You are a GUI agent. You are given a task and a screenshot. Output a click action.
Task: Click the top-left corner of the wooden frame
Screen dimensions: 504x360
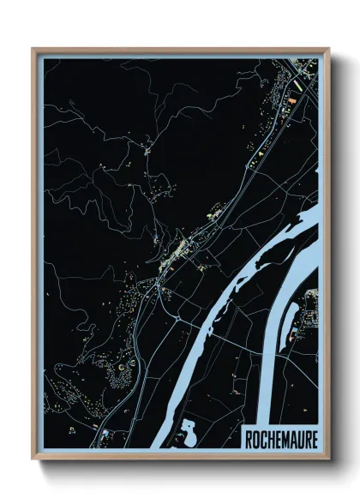coord(33,50)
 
